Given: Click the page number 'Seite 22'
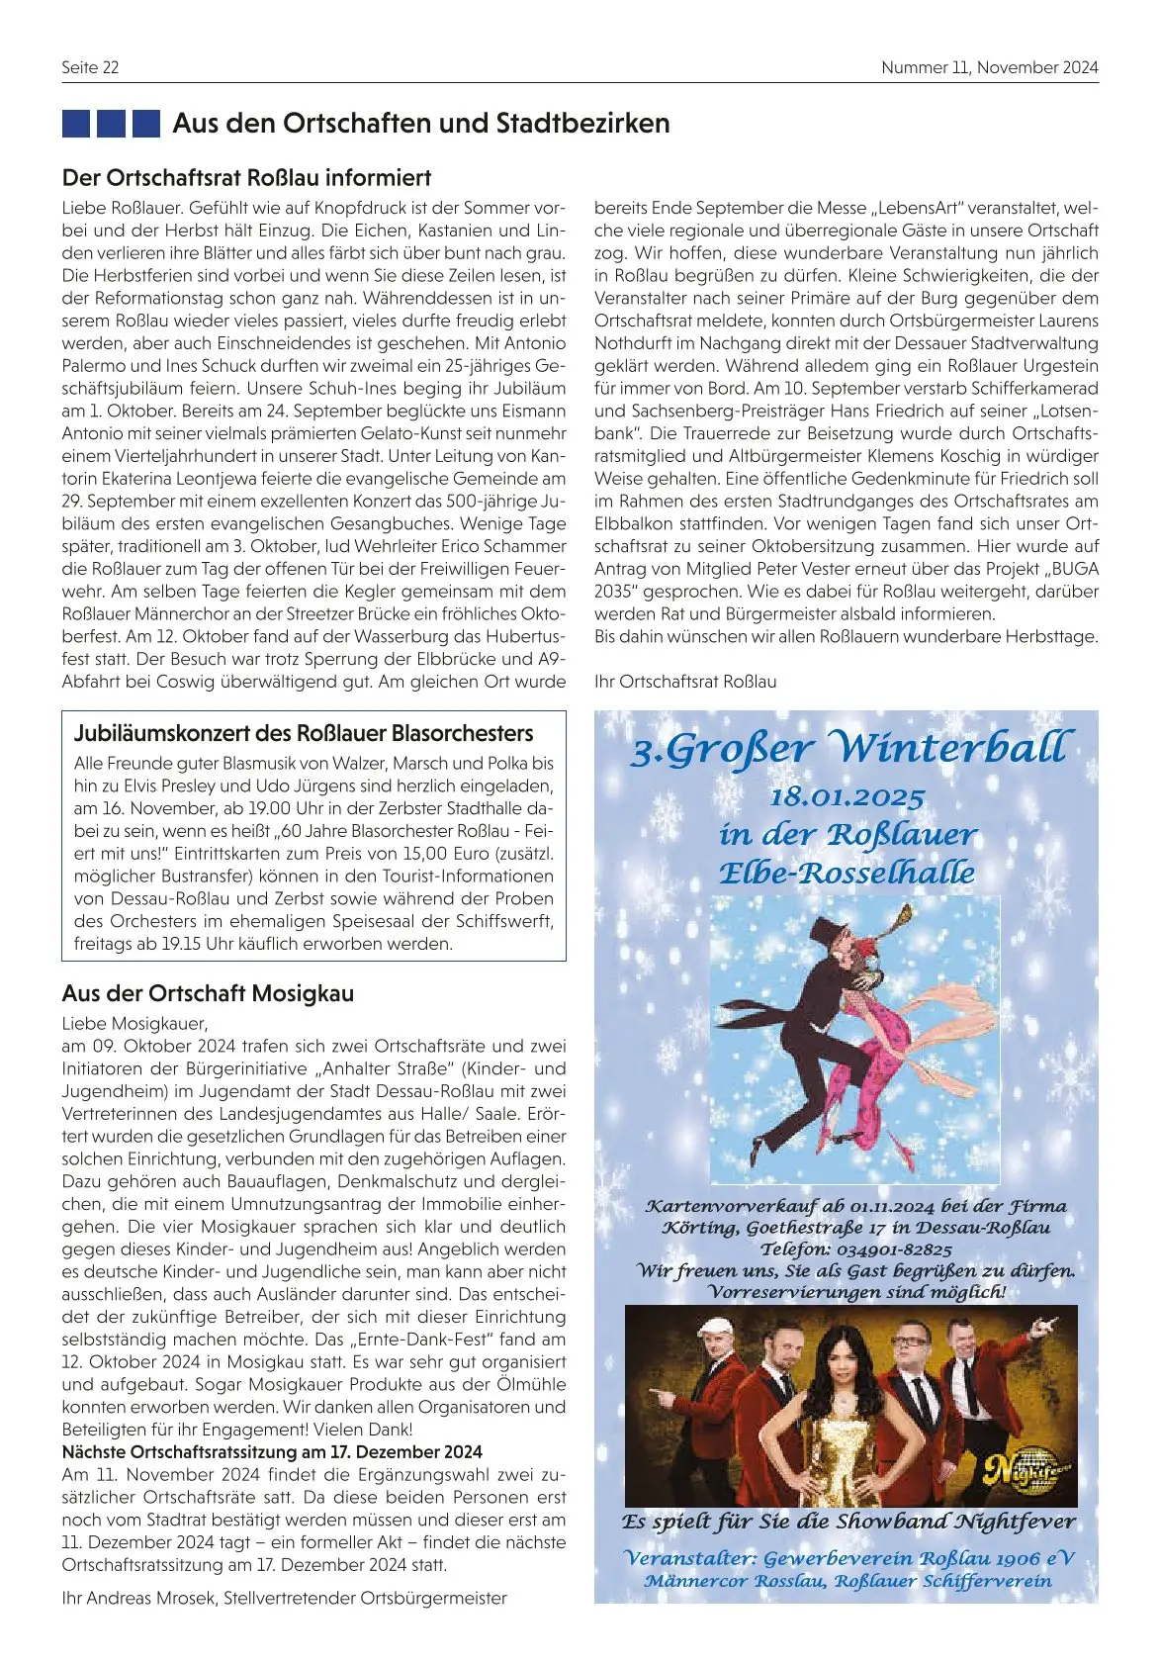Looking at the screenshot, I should point(90,67).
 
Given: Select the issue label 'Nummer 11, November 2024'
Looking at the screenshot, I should point(989,67).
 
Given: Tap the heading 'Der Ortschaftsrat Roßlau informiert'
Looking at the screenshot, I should point(246,178).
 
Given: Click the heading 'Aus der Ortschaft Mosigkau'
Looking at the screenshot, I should point(208,993).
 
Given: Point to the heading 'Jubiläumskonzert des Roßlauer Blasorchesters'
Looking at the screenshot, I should point(304,733).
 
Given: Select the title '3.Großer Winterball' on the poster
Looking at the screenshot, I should point(848,748).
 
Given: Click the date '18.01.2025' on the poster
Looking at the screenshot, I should point(847,797).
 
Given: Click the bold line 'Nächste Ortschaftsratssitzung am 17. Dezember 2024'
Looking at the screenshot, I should point(272,1452).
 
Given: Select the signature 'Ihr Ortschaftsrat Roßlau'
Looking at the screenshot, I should point(685,682).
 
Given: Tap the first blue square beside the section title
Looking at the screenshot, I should point(76,124).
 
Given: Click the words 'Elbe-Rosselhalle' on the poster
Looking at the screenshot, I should point(847,874).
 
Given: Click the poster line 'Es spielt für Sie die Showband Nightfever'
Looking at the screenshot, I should point(848,1522).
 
